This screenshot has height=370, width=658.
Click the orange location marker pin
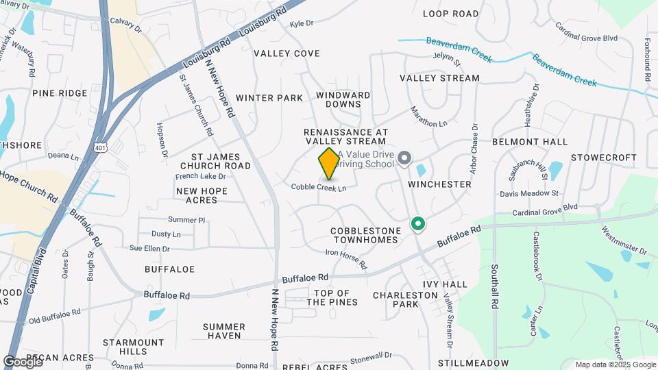point(329,164)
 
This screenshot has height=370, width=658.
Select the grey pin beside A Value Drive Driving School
point(404,159)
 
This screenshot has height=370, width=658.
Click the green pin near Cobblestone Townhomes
point(417,223)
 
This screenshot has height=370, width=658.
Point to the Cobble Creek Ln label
point(319,187)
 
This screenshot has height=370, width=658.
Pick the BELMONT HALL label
point(530,142)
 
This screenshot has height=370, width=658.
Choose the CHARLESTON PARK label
point(405,299)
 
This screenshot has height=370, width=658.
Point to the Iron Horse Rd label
point(346,258)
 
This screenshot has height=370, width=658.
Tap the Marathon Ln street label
point(428,116)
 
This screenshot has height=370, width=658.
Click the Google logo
point(23,362)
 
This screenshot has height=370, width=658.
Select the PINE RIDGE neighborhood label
point(60,93)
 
